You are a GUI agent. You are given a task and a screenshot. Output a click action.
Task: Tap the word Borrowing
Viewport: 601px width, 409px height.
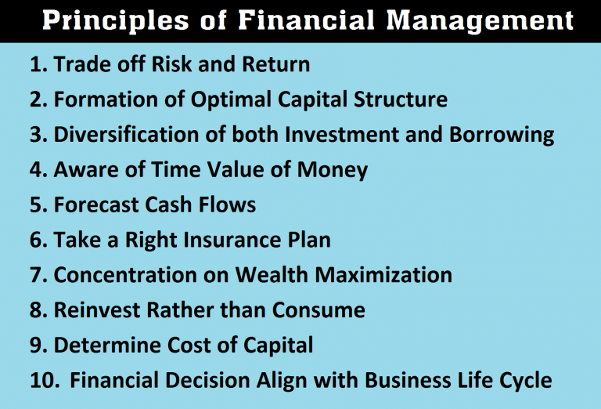(502, 135)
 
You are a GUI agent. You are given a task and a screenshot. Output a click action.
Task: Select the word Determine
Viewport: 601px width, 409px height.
(104, 346)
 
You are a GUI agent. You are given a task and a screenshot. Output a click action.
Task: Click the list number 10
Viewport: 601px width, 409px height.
(45, 381)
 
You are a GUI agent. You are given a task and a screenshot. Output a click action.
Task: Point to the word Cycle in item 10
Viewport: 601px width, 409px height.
(524, 381)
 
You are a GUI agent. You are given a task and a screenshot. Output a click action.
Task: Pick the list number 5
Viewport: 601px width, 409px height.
(38, 205)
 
